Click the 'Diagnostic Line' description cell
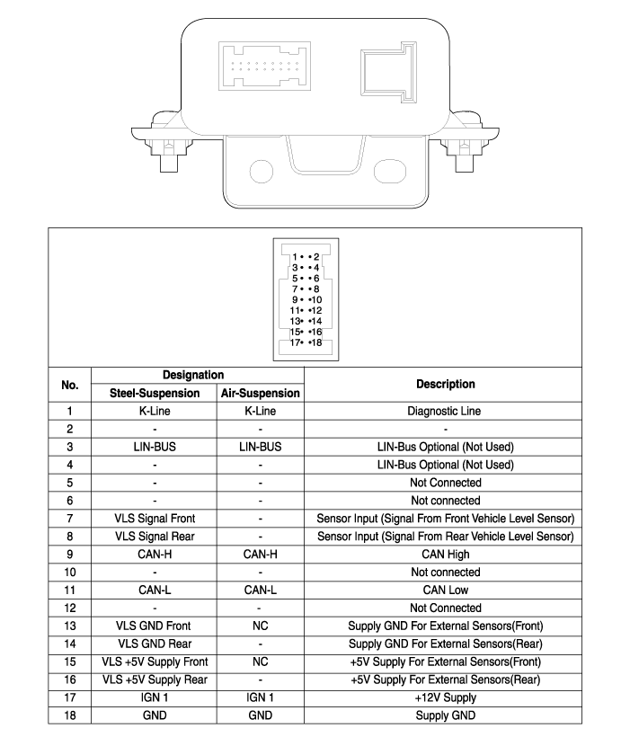coord(446,411)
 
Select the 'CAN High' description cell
coord(446,555)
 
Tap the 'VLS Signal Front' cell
coord(155,519)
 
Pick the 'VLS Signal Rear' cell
coord(155,537)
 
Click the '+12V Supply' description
coord(446,697)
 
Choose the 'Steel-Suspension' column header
coord(155,393)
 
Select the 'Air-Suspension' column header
coord(260,393)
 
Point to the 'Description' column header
coord(446,384)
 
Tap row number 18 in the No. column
coord(69,715)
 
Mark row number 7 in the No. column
coord(69,519)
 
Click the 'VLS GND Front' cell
coord(155,626)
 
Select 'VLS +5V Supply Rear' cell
coord(155,679)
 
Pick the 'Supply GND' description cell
coord(446,715)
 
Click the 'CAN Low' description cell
coord(446,591)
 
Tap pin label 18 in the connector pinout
coord(315,342)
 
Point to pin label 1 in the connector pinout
coord(294,257)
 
